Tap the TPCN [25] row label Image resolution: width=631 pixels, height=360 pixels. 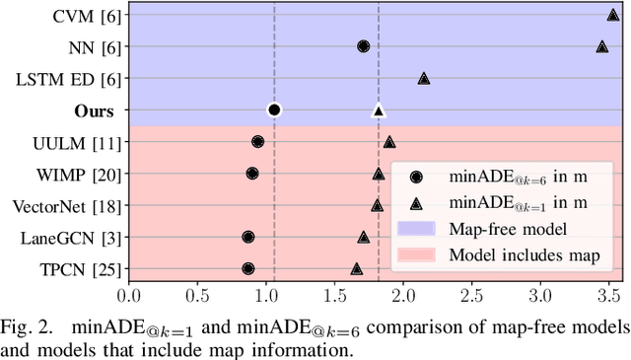coord(80,268)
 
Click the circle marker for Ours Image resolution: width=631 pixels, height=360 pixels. coord(274,109)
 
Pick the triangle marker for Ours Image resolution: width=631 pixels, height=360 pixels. coord(378,110)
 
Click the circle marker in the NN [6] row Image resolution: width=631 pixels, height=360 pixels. coord(363,46)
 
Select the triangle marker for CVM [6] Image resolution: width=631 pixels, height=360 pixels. coord(612,15)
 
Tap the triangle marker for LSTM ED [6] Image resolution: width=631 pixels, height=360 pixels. coord(423,78)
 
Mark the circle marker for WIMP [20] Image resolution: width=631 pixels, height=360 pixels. coord(252,174)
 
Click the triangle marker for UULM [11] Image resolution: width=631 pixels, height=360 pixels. coord(388,142)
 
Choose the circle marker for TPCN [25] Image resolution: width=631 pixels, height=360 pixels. coord(247,268)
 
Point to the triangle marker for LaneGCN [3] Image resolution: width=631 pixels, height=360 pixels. coord(363,237)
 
